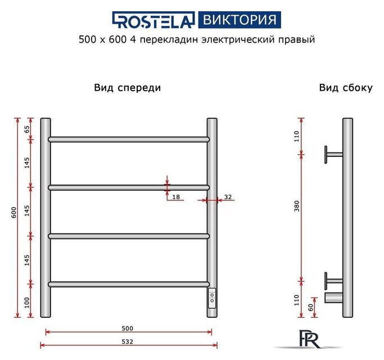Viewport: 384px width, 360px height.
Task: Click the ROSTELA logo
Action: pyautogui.click(x=153, y=20)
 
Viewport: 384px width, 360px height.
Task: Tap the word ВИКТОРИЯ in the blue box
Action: pyautogui.click(x=239, y=20)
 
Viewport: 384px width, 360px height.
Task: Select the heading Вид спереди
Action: pyautogui.click(x=128, y=88)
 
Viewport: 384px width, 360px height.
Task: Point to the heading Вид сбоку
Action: pyautogui.click(x=346, y=88)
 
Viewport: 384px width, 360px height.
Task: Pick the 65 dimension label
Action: pyautogui.click(x=26, y=128)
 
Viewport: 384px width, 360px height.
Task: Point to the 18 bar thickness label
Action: pyautogui.click(x=176, y=197)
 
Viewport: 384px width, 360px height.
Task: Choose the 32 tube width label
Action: pyautogui.click(x=228, y=197)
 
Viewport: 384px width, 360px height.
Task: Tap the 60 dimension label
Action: pyautogui.click(x=310, y=308)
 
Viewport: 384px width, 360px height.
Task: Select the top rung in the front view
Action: pyautogui.click(x=129, y=139)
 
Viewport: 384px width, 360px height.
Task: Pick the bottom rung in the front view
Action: pyautogui.click(x=129, y=284)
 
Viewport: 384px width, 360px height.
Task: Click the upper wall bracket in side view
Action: pyautogui.click(x=333, y=154)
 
